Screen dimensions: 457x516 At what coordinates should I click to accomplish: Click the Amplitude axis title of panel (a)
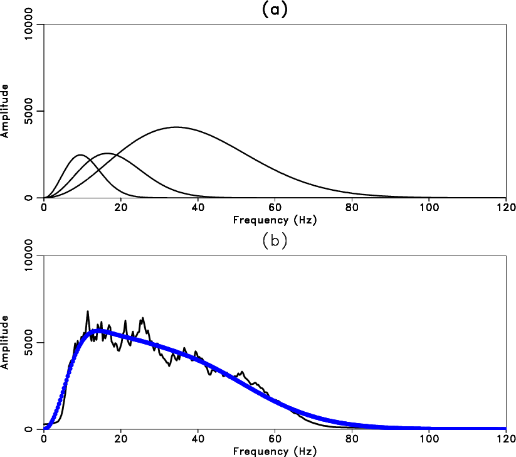[5, 112]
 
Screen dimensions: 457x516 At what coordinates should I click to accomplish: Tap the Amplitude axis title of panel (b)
[5, 343]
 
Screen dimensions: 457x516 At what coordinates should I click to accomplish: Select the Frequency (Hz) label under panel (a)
[275, 220]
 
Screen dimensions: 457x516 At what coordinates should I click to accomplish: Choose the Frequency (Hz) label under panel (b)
[275, 451]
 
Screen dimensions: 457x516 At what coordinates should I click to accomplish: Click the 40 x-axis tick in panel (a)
[198, 208]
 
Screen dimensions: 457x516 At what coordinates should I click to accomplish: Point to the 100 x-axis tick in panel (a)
[429, 208]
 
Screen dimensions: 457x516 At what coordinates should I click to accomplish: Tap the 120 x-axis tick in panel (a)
[506, 208]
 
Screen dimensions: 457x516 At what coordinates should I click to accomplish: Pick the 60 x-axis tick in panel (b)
[275, 439]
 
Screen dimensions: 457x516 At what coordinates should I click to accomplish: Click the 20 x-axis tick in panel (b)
[121, 439]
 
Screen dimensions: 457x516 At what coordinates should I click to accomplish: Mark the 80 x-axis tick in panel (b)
[352, 439]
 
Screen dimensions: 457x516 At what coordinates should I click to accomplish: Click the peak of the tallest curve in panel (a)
[176, 127]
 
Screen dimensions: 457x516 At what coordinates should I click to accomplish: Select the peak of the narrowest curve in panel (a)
[80, 154]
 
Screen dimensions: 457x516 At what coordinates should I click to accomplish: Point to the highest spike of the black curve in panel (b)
[88, 311]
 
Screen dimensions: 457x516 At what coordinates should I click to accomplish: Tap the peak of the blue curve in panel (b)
[97, 330]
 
